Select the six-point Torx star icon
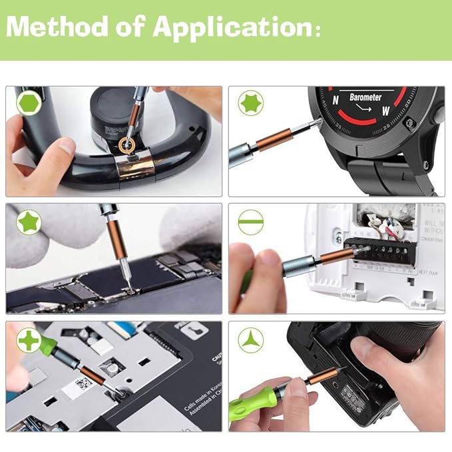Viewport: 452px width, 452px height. click(x=251, y=103)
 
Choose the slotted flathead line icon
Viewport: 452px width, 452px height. click(x=251, y=221)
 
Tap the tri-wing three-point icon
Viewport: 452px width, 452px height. click(x=251, y=339)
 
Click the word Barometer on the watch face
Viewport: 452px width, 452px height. click(x=365, y=98)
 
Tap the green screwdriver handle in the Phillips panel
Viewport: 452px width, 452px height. click(x=49, y=346)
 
